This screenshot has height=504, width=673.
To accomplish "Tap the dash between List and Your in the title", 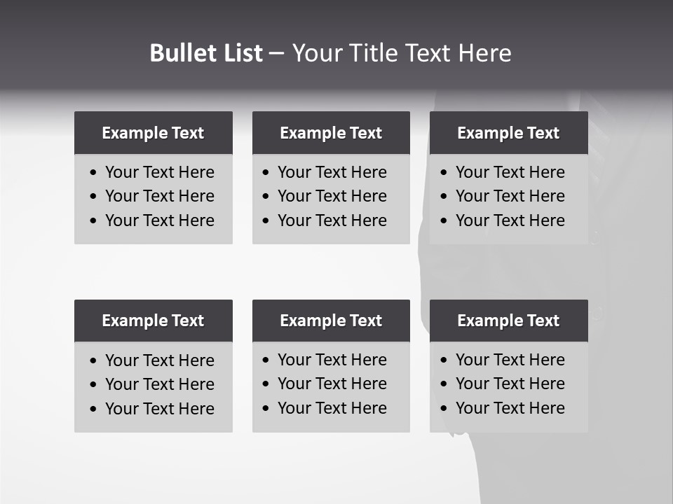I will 276,54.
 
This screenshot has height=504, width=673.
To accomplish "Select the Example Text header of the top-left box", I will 153,133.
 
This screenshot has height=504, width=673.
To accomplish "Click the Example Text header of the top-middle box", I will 331,133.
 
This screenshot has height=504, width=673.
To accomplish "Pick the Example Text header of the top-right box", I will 508,133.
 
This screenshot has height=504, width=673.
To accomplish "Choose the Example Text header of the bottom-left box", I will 153,321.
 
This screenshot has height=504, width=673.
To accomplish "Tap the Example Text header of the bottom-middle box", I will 331,321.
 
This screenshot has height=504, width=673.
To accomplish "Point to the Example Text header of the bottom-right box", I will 508,321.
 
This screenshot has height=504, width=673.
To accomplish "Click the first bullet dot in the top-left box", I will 94,173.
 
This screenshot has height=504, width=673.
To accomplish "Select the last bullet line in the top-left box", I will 159,220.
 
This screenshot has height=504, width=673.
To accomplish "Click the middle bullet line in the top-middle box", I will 332,196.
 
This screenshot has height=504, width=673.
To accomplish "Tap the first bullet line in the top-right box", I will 510,172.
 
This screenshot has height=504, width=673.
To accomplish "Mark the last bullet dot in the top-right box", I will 444,221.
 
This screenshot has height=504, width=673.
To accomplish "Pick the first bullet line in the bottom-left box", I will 159,360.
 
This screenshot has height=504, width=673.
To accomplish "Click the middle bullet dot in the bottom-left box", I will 94,385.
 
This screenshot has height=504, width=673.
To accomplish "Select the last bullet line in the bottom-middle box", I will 332,408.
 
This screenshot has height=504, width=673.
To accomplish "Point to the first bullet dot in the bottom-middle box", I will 266,360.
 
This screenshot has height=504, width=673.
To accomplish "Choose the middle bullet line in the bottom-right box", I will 510,384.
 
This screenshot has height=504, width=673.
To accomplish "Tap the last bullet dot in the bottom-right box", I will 444,409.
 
